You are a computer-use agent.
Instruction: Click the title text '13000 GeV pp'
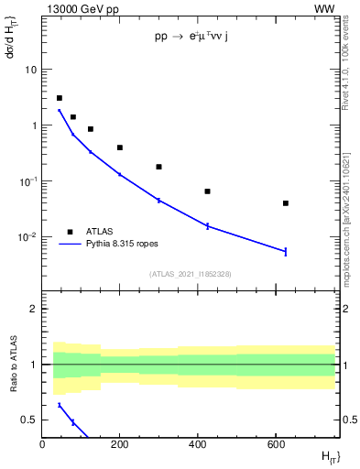[80, 8]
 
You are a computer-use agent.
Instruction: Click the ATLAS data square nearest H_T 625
[286, 203]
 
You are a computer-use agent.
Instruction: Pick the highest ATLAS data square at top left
[60, 98]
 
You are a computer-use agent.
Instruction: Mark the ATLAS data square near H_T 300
[158, 167]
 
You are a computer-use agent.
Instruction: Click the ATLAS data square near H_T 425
[207, 191]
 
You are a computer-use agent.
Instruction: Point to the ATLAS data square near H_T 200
[120, 147]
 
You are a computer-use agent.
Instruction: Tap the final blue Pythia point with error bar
[286, 251]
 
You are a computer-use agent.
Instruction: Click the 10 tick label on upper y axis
[30, 70]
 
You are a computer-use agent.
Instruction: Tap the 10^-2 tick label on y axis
[27, 237]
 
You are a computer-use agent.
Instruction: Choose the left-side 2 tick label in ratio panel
[33, 309]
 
